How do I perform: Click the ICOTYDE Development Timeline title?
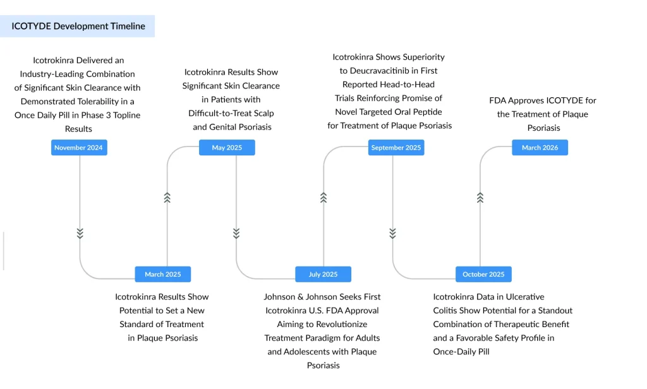(78, 26)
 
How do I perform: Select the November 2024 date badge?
(79, 148)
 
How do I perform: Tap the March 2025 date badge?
(162, 274)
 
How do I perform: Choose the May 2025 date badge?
(227, 148)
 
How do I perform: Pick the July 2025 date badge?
(323, 274)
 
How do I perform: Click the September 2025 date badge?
(396, 148)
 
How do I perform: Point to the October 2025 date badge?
(483, 274)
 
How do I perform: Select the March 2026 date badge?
(540, 148)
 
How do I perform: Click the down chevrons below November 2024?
(80, 233)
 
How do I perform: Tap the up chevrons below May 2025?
(167, 198)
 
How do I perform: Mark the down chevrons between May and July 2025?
(236, 233)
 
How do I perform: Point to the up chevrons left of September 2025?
(323, 198)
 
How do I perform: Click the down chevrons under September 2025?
(392, 233)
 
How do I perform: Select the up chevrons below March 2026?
(480, 198)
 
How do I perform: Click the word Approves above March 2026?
(527, 100)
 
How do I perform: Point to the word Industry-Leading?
(49, 74)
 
